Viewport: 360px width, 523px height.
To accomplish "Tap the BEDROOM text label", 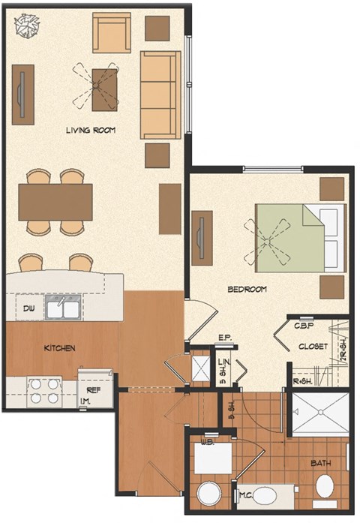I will pos(247,289).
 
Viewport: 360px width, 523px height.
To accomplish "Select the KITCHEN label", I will pos(59,348).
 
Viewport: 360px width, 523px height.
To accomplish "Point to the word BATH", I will pos(320,463).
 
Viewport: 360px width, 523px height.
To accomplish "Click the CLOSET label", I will pos(313,347).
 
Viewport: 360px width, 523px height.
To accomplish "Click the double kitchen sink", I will pos(63,308).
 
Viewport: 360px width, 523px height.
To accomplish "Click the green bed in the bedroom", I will pos(289,239).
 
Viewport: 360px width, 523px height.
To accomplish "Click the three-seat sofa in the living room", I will pos(160,95).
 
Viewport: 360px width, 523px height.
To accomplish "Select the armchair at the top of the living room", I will pos(111,32).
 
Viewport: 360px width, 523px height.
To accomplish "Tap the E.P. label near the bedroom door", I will pos(223,337).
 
